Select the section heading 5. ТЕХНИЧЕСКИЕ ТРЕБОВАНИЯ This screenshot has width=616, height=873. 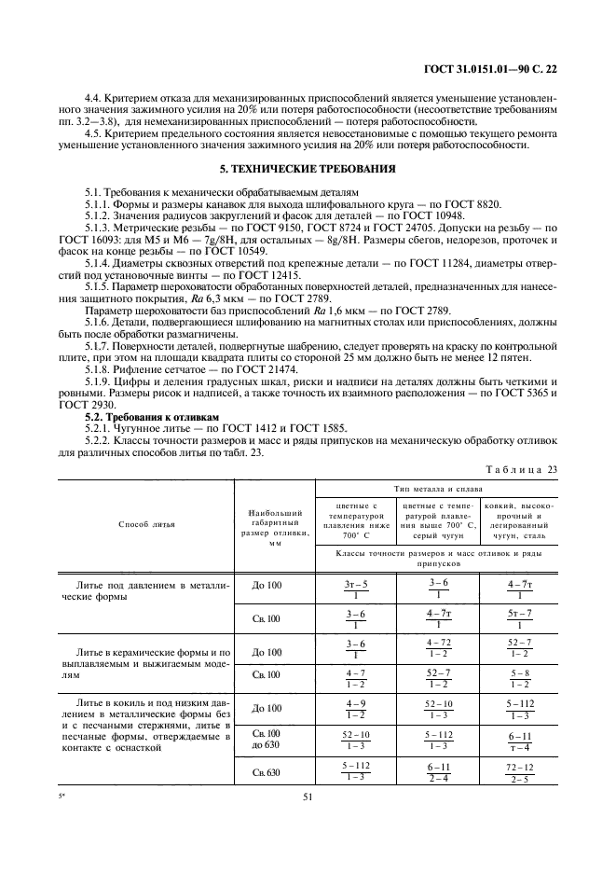[307, 170]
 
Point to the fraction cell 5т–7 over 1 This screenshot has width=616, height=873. [519, 619]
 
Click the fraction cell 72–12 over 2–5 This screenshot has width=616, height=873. [519, 772]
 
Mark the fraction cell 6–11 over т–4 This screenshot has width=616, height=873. [519, 741]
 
